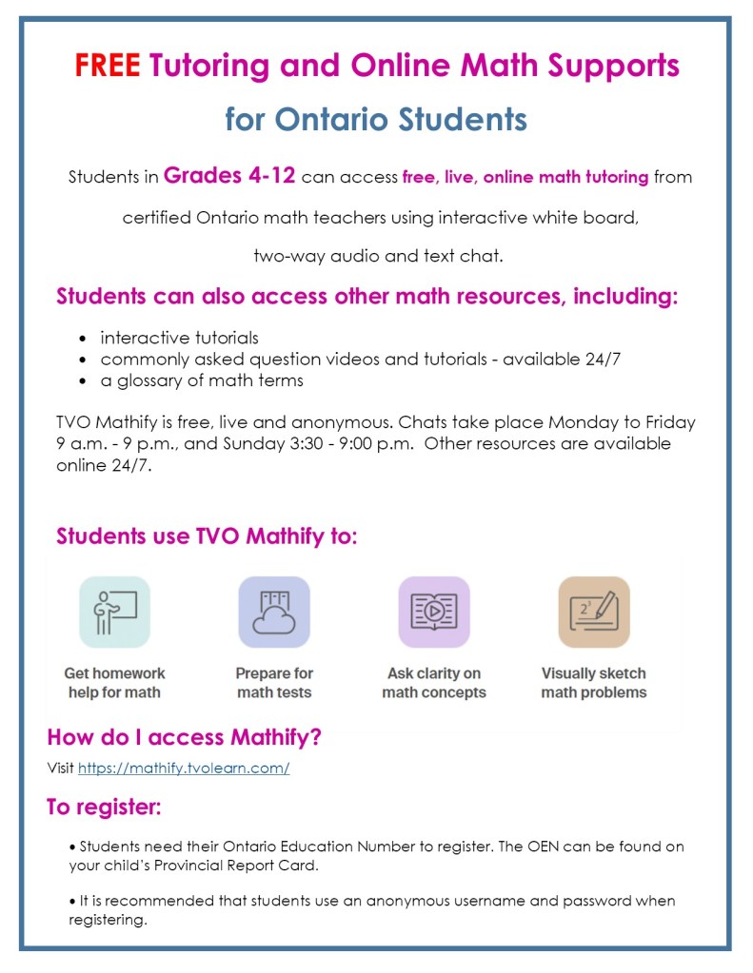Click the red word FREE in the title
coord(108,65)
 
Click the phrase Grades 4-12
coord(230,176)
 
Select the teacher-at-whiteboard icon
coord(114,612)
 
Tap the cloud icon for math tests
coord(274,612)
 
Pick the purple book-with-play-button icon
coord(434,612)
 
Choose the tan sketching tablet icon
coord(594,612)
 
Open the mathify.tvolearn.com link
coord(183,768)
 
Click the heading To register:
coord(104,808)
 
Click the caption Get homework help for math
coord(114,683)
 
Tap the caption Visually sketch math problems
coord(594,683)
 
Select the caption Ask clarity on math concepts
coord(434,683)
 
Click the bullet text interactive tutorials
coord(179,338)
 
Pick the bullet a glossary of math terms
coord(202,380)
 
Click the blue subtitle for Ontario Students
coord(376,120)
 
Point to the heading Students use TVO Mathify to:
coord(207,535)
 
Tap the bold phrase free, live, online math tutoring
coord(525,177)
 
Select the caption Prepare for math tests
coord(274,683)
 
